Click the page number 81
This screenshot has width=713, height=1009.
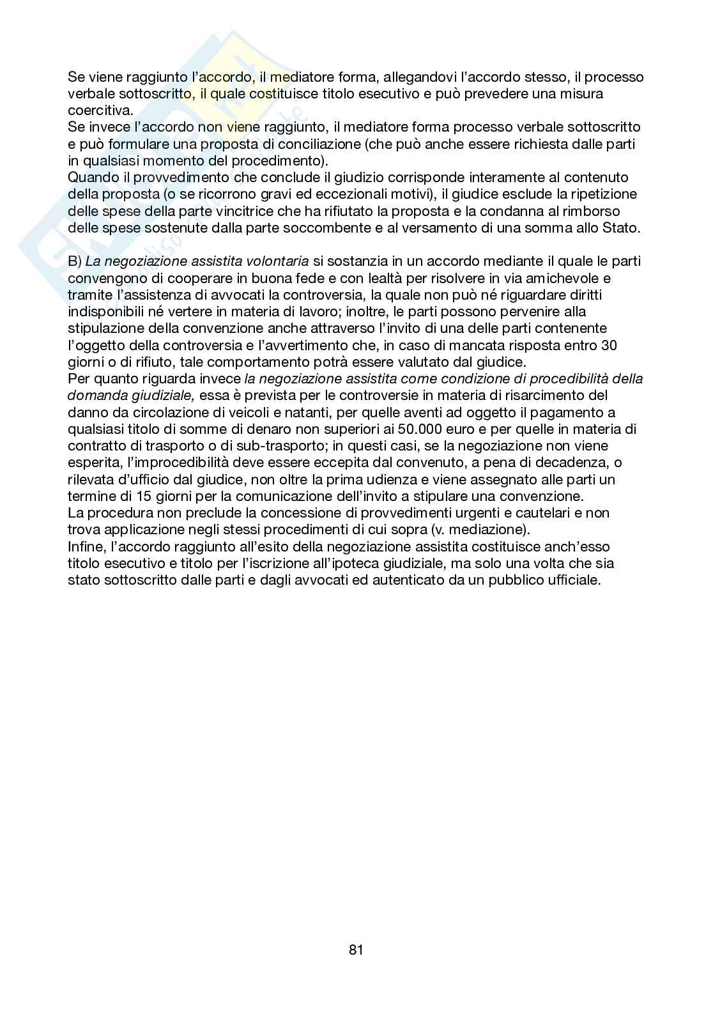356,950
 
